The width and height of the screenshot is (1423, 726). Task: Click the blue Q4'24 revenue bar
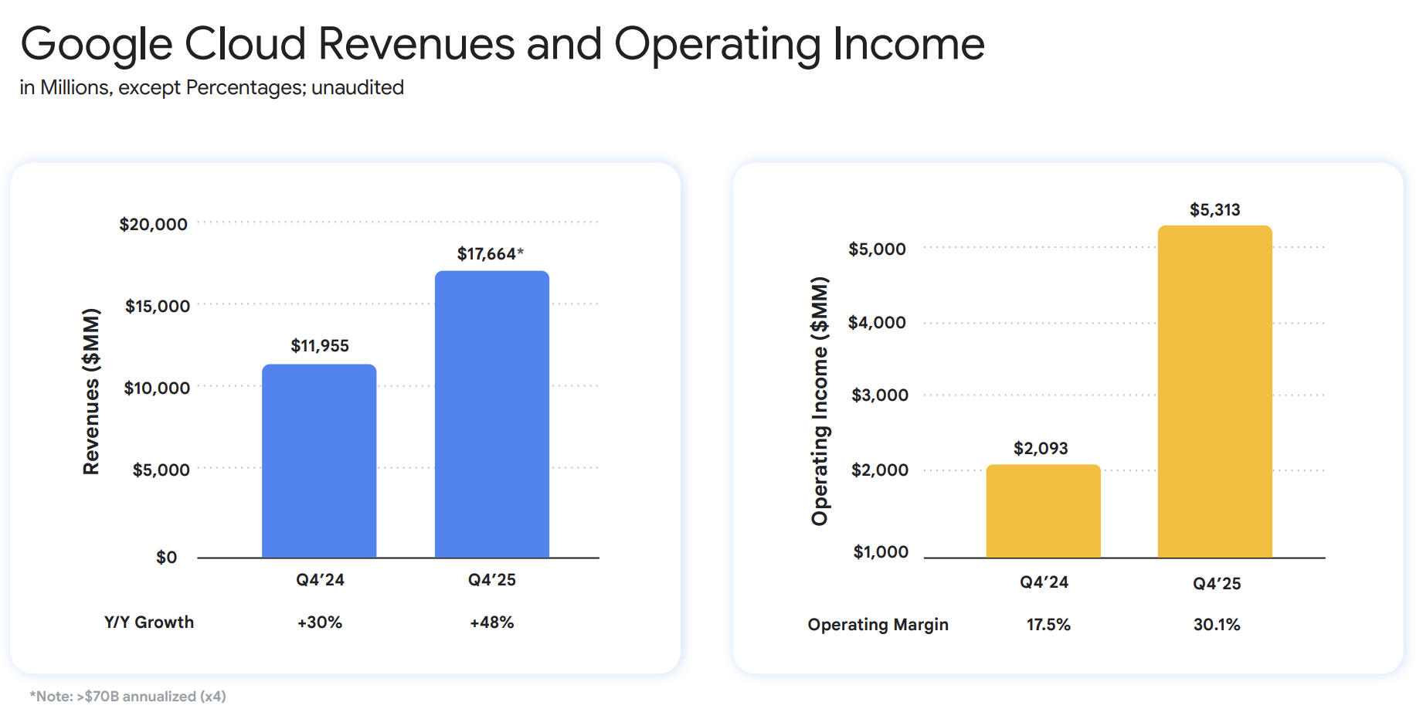click(319, 461)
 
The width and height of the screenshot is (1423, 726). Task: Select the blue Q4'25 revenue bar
click(492, 415)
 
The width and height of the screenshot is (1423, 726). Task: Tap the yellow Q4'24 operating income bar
click(1043, 511)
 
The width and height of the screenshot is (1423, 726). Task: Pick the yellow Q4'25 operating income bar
click(1214, 392)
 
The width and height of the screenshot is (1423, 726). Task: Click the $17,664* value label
click(490, 254)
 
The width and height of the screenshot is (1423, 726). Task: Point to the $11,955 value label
click(320, 346)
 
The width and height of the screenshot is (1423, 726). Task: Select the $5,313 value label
click(1214, 210)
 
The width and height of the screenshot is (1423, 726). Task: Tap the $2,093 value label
click(1041, 449)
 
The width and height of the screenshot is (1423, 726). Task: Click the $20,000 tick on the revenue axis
click(153, 225)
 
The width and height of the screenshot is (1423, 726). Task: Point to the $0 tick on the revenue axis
click(166, 558)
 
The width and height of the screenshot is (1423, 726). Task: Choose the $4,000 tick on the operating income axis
click(877, 323)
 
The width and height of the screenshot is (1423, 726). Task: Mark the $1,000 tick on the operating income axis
click(881, 552)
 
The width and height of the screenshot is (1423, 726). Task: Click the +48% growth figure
click(492, 623)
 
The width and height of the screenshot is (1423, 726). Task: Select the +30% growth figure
click(320, 623)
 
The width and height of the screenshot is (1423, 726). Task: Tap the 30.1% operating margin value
click(1217, 625)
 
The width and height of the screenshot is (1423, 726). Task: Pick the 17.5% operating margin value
click(1048, 625)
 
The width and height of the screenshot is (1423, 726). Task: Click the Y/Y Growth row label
click(149, 623)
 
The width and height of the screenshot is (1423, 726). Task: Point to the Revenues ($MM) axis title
click(91, 392)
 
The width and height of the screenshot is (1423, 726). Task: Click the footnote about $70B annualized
click(128, 697)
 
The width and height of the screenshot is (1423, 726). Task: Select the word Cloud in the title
click(245, 44)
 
